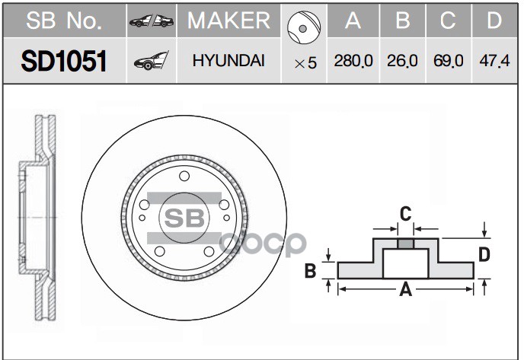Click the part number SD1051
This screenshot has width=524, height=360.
click(63, 61)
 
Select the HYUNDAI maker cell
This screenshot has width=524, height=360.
click(228, 61)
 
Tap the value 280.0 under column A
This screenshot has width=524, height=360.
click(353, 62)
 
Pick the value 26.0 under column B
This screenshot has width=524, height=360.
click(402, 62)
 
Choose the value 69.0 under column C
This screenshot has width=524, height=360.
click(448, 62)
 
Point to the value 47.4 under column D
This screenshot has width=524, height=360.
click(494, 62)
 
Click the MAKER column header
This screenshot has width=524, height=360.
click(228, 21)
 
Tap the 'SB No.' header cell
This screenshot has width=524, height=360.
click(63, 21)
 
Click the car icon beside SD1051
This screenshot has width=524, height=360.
click(150, 62)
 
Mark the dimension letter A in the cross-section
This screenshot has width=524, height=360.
click(405, 289)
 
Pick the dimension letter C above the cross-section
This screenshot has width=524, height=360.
click(405, 213)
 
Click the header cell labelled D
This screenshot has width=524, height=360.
click(494, 21)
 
